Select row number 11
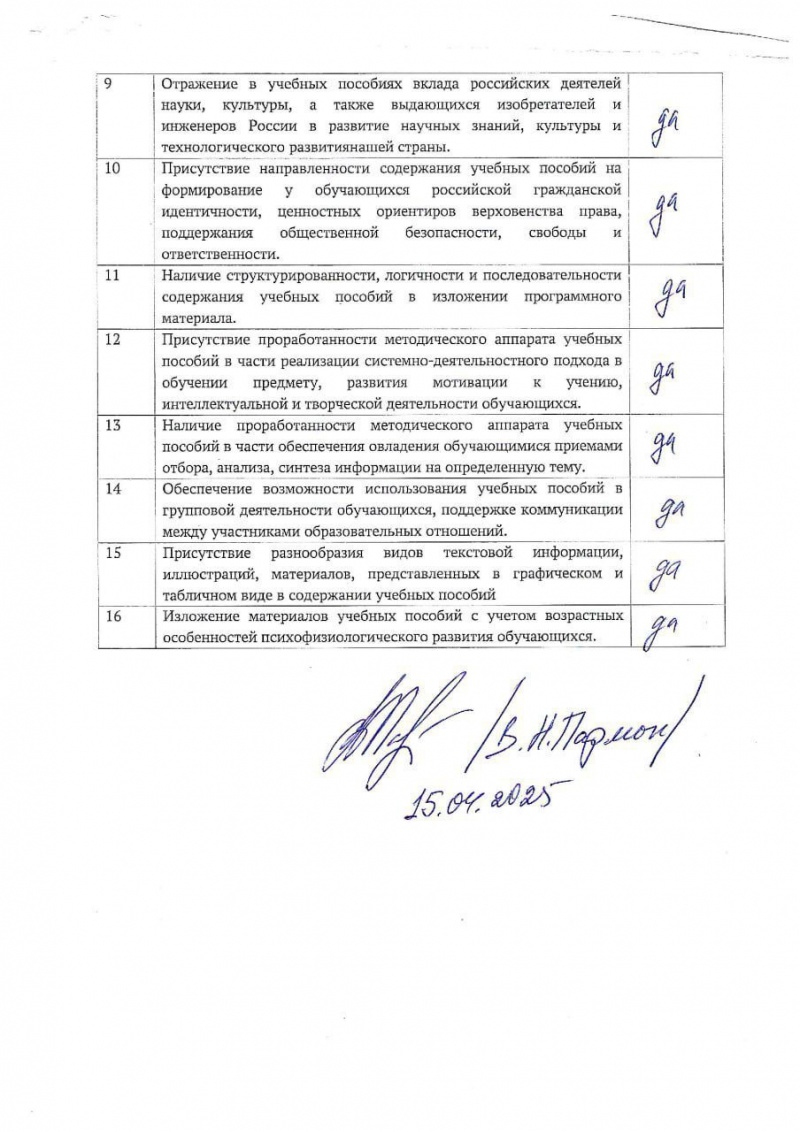[x=113, y=274]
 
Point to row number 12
[x=113, y=339]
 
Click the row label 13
[x=113, y=424]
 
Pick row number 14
[x=113, y=488]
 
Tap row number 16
[x=113, y=616]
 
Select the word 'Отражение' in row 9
[x=203, y=81]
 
